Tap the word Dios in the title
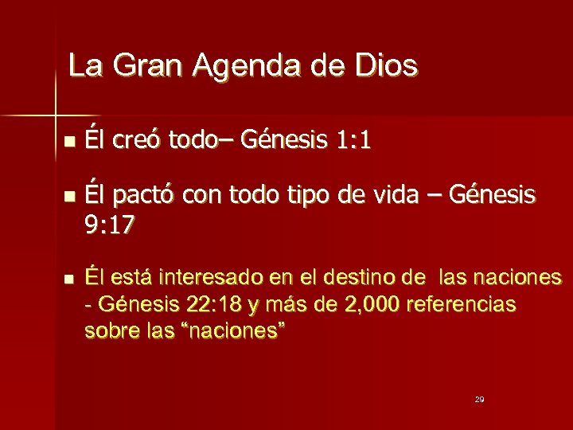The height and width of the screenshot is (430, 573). click(x=384, y=65)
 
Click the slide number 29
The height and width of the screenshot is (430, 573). click(x=479, y=398)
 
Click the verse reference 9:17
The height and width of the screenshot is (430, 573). click(x=109, y=226)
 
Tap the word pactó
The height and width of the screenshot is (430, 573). click(x=141, y=193)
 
